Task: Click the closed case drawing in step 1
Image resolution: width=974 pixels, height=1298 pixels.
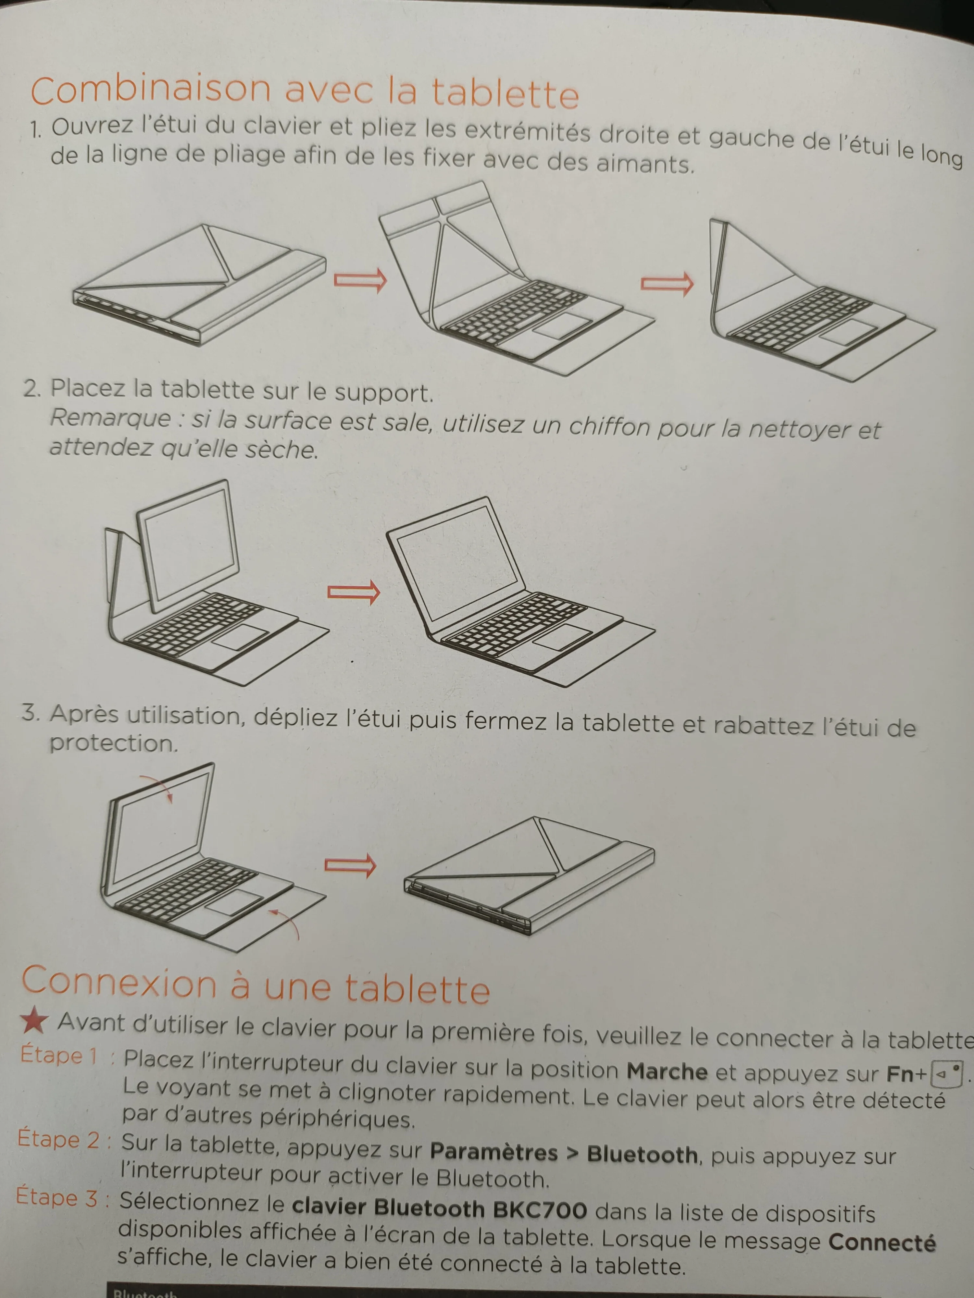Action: [x=200, y=285]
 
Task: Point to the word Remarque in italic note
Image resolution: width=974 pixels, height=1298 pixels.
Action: [x=110, y=418]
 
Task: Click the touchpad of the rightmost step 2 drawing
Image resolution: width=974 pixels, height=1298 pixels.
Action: [x=565, y=636]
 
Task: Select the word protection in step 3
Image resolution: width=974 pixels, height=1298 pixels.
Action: [x=113, y=743]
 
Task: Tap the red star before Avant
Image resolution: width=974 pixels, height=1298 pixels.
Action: [x=33, y=1021]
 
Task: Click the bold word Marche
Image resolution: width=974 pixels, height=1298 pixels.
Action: [x=667, y=1072]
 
